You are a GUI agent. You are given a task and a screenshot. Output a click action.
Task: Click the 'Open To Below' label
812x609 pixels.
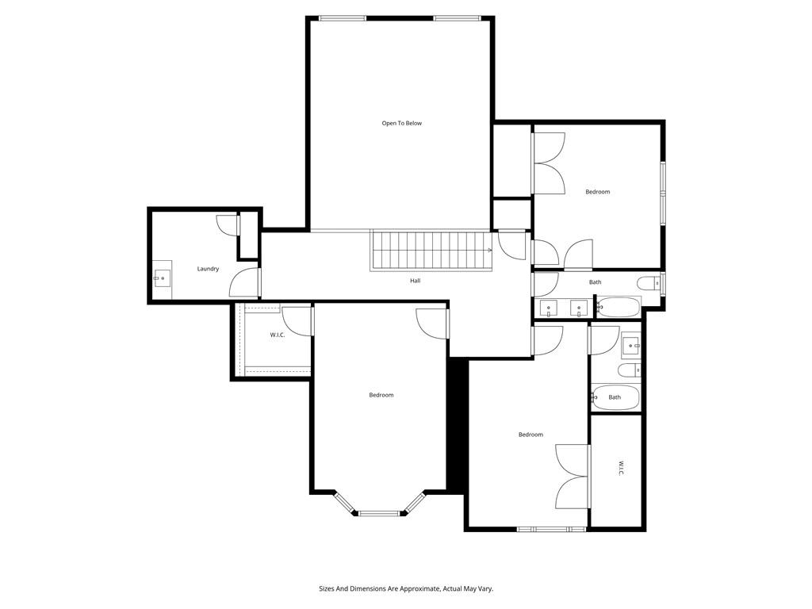click(x=401, y=123)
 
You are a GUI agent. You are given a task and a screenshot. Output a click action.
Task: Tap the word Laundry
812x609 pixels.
click(x=208, y=269)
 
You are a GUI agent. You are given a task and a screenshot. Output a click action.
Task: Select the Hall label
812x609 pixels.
click(x=415, y=281)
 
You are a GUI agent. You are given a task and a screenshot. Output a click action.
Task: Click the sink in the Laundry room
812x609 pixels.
click(x=162, y=278)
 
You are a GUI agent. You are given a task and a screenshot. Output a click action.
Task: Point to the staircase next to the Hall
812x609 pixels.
click(x=431, y=250)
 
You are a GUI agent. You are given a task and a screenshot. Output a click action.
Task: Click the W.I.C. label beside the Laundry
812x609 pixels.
click(x=277, y=335)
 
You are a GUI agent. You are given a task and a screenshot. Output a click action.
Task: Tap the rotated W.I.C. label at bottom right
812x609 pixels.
click(x=621, y=469)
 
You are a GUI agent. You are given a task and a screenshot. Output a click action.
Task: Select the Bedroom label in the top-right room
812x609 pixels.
click(x=597, y=192)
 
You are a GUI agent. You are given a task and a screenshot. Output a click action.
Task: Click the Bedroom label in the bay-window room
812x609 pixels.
click(x=381, y=395)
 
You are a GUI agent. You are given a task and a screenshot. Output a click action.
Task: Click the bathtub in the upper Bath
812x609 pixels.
click(x=618, y=307)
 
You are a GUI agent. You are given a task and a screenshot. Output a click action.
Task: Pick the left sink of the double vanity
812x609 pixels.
click(x=549, y=308)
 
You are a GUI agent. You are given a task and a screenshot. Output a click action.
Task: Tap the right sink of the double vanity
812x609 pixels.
click(x=579, y=308)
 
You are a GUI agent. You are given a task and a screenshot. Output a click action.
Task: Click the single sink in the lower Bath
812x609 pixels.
click(x=630, y=344)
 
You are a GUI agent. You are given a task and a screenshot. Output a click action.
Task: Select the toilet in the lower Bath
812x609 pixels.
click(x=629, y=370)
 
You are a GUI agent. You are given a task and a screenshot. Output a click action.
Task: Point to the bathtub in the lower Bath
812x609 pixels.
click(x=615, y=397)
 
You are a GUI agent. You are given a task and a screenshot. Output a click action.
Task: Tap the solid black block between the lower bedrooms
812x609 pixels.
click(x=457, y=424)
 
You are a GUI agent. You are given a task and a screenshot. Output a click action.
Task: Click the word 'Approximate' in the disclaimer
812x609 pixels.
click(x=412, y=588)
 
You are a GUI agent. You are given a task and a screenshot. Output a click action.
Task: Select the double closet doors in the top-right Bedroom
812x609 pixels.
click(x=548, y=163)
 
